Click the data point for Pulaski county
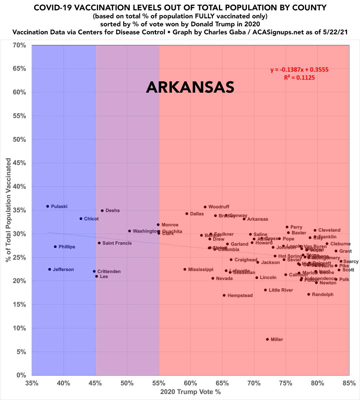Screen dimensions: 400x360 48,206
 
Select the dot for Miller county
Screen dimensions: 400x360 267,339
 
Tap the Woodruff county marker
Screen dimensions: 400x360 205,207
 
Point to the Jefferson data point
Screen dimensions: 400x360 50,269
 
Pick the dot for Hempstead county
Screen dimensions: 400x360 224,295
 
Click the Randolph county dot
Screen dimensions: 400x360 309,294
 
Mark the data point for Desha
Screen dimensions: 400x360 102,211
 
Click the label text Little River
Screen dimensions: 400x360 281,290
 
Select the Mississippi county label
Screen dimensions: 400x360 200,269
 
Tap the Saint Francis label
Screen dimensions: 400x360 117,243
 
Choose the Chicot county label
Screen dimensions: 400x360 91,219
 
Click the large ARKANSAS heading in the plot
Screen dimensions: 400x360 190,87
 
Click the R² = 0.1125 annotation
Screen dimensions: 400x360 299,77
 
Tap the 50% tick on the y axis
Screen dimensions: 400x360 19,139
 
